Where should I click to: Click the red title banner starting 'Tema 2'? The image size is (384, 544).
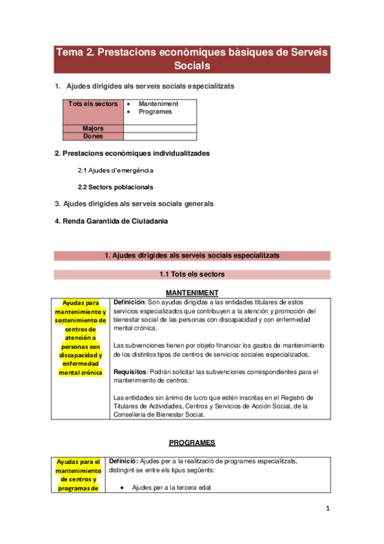click(192, 59)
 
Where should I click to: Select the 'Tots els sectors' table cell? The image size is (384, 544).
click(93, 103)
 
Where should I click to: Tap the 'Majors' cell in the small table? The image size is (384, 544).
click(93, 128)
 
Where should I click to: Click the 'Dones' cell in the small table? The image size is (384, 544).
click(93, 136)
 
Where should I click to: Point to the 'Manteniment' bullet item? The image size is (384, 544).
click(158, 103)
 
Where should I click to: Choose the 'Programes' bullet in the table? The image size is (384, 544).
click(155, 112)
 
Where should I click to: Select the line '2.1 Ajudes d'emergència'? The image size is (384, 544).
click(115, 171)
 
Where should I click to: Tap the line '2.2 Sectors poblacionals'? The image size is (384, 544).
click(115, 187)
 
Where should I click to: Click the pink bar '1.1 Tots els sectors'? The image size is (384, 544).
click(192, 275)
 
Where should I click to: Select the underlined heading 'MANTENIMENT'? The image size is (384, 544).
click(192, 292)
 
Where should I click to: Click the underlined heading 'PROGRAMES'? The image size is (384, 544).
click(192, 443)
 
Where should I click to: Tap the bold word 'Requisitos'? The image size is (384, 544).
click(129, 371)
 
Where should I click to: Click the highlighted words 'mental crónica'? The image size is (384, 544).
click(80, 372)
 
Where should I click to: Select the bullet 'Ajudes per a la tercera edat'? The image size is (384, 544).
click(171, 488)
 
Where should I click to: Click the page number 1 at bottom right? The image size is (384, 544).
click(328, 509)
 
